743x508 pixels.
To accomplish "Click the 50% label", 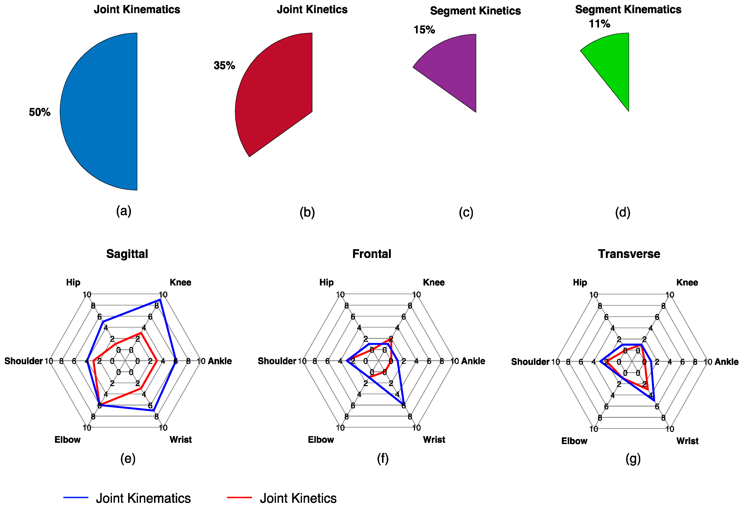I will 40,112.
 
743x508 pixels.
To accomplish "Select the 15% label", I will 424,30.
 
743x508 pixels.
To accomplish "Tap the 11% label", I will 599,24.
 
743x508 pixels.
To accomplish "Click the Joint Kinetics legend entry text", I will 298,498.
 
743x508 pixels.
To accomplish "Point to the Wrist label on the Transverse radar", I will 687,441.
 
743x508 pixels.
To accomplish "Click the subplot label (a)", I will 124,211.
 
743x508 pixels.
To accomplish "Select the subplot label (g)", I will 633,459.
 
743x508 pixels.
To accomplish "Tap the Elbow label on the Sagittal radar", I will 68,440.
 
